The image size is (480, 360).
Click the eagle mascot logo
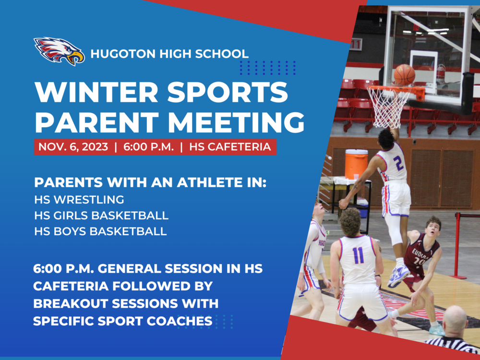click(59, 51)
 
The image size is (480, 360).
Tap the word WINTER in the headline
click(96, 92)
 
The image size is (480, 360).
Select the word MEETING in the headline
click(236, 122)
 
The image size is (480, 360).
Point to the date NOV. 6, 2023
click(73, 147)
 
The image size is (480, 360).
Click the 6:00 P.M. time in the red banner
click(148, 147)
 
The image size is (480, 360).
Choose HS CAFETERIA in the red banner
click(230, 147)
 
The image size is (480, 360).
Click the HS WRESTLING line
click(79, 200)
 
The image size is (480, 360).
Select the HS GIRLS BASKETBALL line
click(101, 216)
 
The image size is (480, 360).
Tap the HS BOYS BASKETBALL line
click(100, 231)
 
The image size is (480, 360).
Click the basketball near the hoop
click(404, 75)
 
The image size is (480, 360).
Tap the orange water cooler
click(356, 164)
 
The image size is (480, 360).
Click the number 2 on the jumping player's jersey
click(398, 163)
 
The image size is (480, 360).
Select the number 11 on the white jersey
click(358, 255)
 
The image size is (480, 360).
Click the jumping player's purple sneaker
click(398, 276)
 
